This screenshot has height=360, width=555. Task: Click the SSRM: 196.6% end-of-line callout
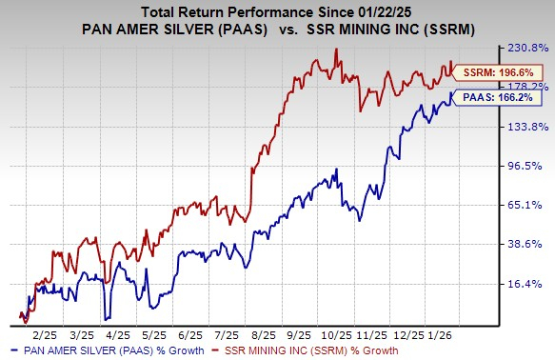tap(489, 71)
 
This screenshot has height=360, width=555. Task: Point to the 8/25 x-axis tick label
tap(260, 336)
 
